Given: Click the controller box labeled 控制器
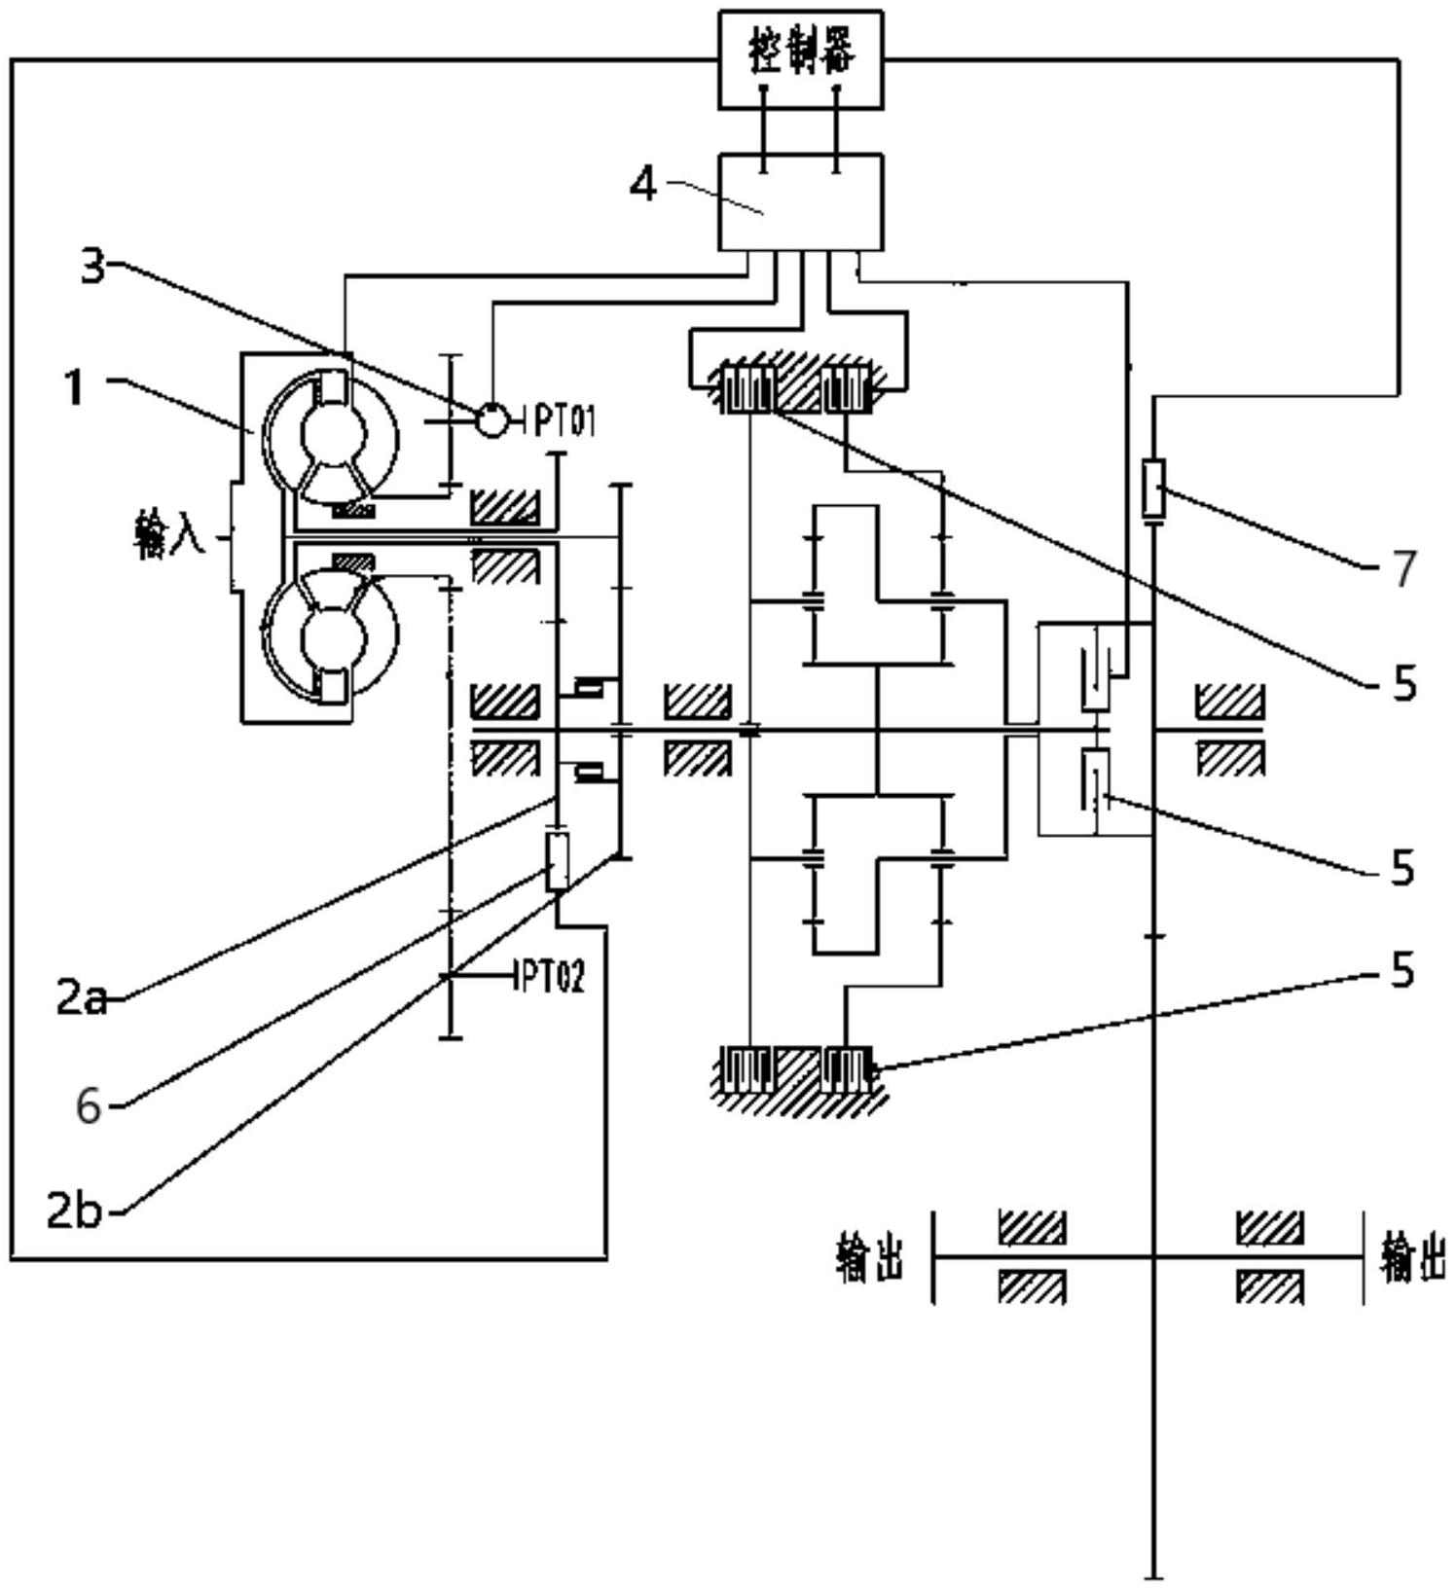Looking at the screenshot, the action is click(801, 58).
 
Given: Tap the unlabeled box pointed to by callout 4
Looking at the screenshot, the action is click(801, 201).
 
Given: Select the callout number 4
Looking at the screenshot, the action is click(644, 184).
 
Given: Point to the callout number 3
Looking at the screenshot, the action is click(92, 266).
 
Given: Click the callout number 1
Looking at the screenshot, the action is click(75, 389).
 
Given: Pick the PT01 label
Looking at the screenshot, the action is click(564, 421).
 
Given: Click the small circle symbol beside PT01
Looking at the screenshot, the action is click(493, 420).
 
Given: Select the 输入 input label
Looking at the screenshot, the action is click(169, 535).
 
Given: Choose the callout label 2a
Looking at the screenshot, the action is click(82, 998).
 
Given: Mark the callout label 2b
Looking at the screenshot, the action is click(74, 1211).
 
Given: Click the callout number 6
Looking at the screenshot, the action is click(89, 1106).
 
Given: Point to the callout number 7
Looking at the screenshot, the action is click(1402, 568).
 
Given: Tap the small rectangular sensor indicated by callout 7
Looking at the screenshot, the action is click(1153, 488).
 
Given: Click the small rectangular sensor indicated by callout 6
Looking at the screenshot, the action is click(557, 862).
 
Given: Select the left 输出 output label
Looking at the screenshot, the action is click(869, 1256).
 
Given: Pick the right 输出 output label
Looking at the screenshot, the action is click(1412, 1256).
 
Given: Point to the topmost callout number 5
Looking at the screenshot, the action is click(1403, 685).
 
